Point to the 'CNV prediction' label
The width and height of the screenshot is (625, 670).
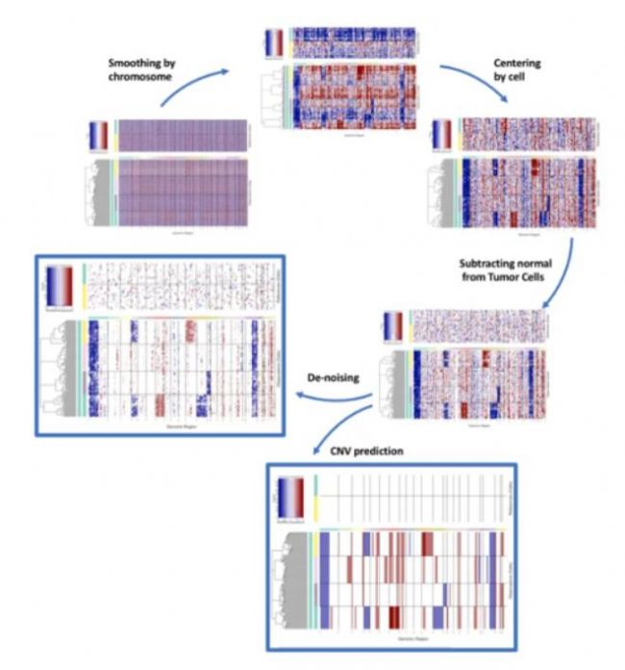(x=359, y=449)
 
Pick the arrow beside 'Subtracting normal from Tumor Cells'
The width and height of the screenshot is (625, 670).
(x=564, y=273)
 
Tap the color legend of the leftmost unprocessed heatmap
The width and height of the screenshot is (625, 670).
(x=99, y=134)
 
